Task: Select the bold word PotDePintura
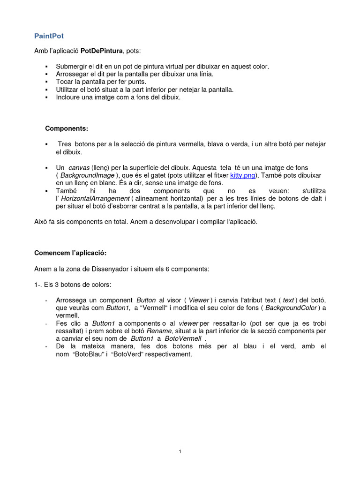[101, 50]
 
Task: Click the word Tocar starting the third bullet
[65, 82]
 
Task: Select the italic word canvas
[79, 167]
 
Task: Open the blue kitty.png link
[242, 175]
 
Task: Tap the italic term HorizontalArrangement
[94, 198]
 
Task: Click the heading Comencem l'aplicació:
[70, 253]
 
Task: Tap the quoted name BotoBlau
[89, 354]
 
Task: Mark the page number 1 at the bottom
[180, 451]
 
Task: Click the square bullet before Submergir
[47, 67]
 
